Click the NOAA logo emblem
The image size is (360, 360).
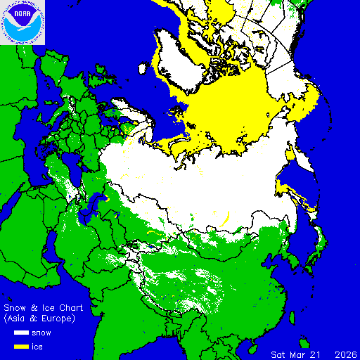(x=22, y=22)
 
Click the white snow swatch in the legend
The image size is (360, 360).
(x=21, y=333)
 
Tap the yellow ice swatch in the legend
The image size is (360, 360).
(x=21, y=347)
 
